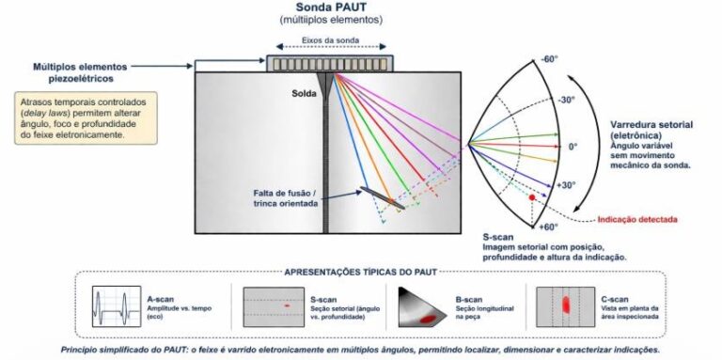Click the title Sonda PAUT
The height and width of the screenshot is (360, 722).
click(331, 7)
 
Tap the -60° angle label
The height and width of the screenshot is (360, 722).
click(549, 59)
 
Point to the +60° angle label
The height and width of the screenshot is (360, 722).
click(549, 227)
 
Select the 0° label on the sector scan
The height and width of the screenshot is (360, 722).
click(573, 147)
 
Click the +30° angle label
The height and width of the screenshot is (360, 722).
click(566, 185)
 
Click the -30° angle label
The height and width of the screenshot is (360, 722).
click(567, 101)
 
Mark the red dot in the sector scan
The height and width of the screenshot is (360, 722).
click(532, 197)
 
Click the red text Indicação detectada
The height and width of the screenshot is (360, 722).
click(637, 220)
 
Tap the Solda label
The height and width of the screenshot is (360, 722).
click(304, 94)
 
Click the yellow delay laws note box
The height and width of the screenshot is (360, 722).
click(86, 117)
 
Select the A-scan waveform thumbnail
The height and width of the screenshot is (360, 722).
click(117, 306)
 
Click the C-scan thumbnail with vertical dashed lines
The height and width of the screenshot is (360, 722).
click(565, 307)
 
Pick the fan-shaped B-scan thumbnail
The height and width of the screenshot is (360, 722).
click(422, 307)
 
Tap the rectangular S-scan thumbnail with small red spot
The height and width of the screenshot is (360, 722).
click(274, 307)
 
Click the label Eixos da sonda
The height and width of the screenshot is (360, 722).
click(331, 40)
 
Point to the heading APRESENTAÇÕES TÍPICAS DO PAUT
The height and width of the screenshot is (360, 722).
click(361, 272)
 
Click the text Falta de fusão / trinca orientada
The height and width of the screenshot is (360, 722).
click(286, 197)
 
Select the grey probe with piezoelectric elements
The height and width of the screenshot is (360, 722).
click(330, 64)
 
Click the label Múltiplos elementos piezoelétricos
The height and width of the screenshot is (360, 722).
click(80, 72)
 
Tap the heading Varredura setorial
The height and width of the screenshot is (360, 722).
click(651, 125)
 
